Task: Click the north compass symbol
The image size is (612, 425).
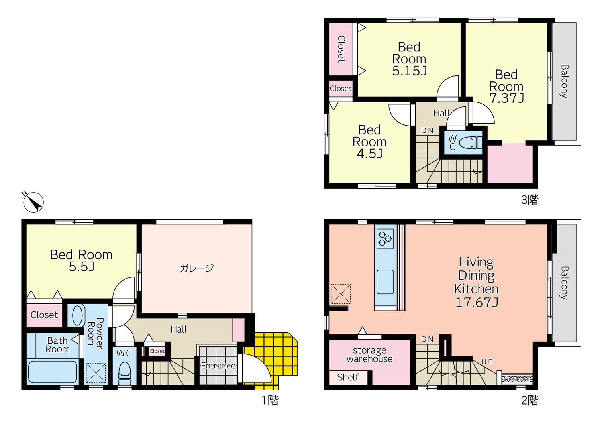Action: (x=33, y=202)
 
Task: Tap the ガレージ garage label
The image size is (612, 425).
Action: (x=197, y=268)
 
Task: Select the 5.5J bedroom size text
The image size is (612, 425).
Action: (x=82, y=267)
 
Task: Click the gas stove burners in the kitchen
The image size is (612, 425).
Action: (x=385, y=238)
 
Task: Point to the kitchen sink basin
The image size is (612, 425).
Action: (x=385, y=281)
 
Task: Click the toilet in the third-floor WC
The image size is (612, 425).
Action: (x=469, y=142)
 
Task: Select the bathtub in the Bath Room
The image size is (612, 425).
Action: (x=53, y=372)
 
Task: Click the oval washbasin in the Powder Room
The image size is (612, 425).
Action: (x=78, y=315)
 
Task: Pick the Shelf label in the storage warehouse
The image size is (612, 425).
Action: (x=348, y=377)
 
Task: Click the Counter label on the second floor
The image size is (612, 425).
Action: (x=517, y=378)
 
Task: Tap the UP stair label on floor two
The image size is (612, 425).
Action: (x=487, y=362)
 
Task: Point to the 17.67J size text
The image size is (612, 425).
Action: (x=477, y=303)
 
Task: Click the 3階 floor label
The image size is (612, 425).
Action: (x=530, y=200)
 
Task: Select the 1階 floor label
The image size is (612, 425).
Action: (x=270, y=400)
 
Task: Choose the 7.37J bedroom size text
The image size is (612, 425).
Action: (x=506, y=98)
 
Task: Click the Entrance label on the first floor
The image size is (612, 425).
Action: (x=218, y=366)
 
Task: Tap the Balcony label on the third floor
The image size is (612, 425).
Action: (x=564, y=81)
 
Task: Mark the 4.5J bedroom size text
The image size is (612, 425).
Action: (x=369, y=153)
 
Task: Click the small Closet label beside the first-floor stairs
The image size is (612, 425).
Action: (x=157, y=351)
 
